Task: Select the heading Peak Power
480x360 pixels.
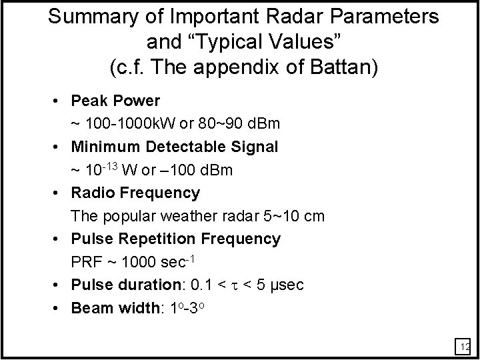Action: coord(115,101)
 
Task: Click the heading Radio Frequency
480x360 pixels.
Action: coord(135,193)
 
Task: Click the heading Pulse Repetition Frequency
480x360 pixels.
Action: coord(176,239)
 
